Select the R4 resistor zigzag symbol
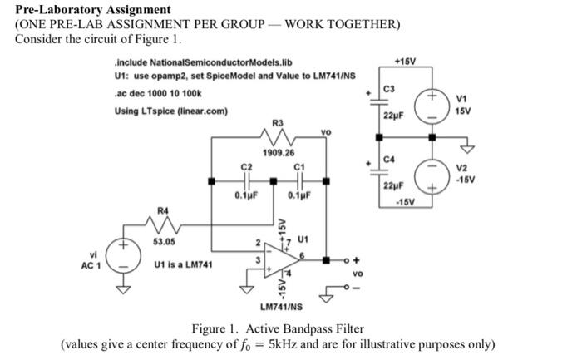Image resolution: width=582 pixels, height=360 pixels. click(164, 224)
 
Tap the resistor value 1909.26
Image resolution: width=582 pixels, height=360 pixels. click(279, 153)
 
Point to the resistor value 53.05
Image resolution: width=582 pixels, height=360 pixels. click(164, 242)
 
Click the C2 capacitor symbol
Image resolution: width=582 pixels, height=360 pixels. click(245, 181)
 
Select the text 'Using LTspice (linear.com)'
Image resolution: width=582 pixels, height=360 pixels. click(171, 111)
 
